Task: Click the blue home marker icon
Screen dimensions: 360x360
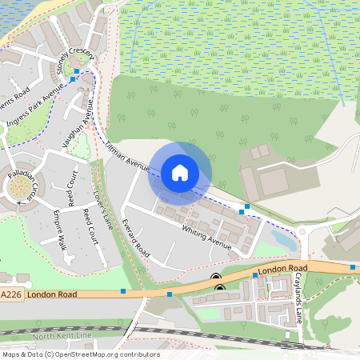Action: coord(180,172)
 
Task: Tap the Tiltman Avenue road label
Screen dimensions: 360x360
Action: coord(128,155)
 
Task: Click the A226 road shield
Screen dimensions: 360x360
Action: coord(11,295)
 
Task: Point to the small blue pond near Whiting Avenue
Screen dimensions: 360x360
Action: coord(282,238)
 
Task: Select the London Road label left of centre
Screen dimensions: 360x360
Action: coord(51,295)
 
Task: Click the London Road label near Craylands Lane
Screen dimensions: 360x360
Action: coord(283,269)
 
